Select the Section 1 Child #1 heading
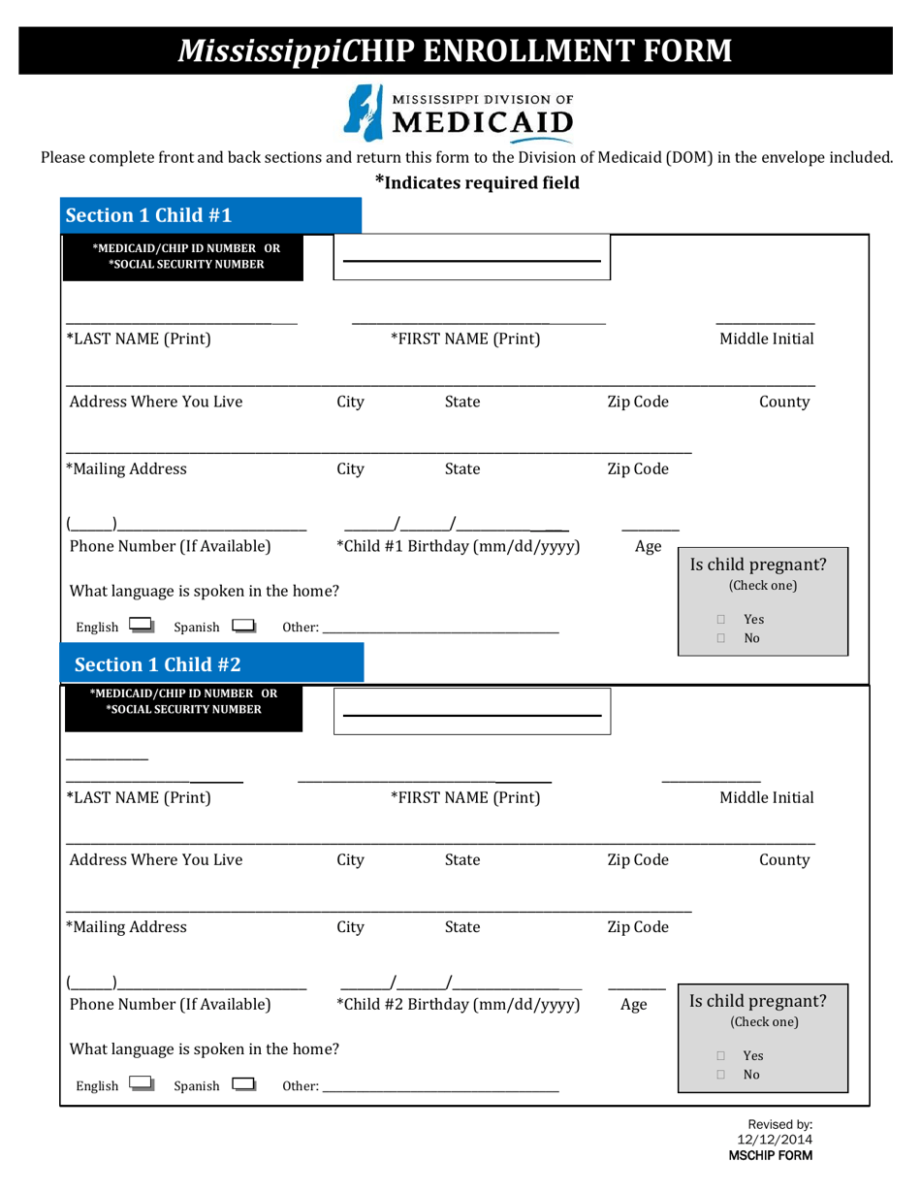tap(147, 214)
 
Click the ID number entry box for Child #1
tap(471, 258)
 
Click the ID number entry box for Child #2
tap(471, 714)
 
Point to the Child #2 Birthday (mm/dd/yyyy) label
tap(458, 1004)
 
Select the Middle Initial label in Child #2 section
tap(766, 798)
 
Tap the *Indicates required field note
tap(477, 181)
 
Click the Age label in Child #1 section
tap(648, 547)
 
